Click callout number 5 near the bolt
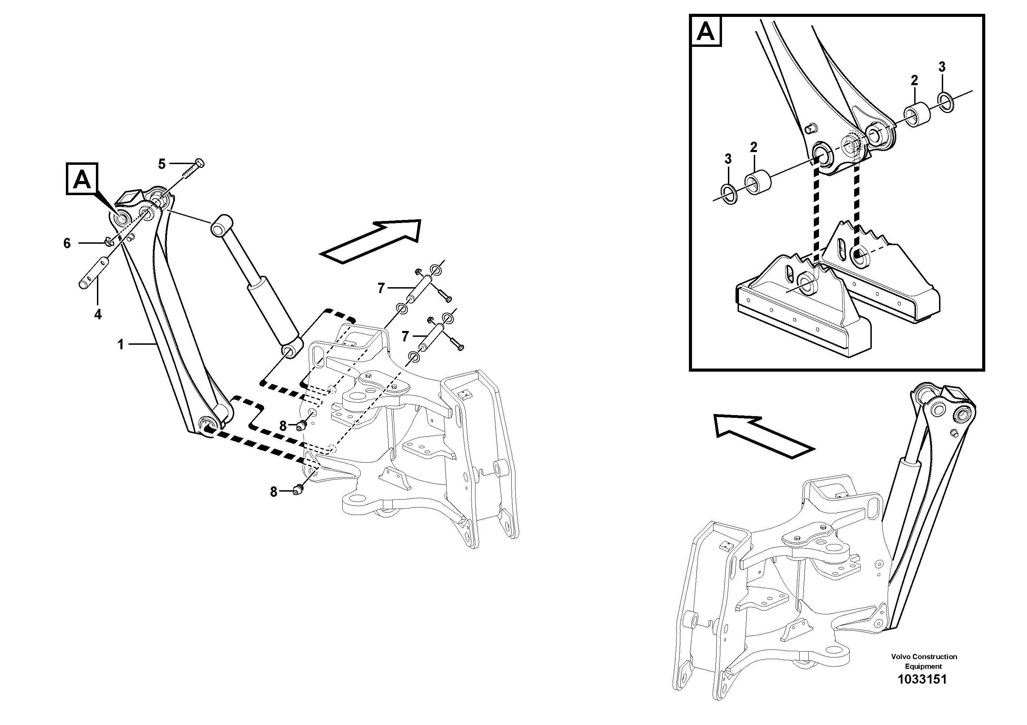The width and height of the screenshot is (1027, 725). pyautogui.click(x=162, y=164)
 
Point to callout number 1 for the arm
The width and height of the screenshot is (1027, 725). pyautogui.click(x=120, y=345)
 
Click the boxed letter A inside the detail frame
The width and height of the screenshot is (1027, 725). pyautogui.click(x=706, y=31)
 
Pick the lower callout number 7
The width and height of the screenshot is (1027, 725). pyautogui.click(x=406, y=336)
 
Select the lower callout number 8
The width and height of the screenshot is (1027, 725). pyautogui.click(x=274, y=492)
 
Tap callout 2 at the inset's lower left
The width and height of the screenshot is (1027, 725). pyautogui.click(x=754, y=147)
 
